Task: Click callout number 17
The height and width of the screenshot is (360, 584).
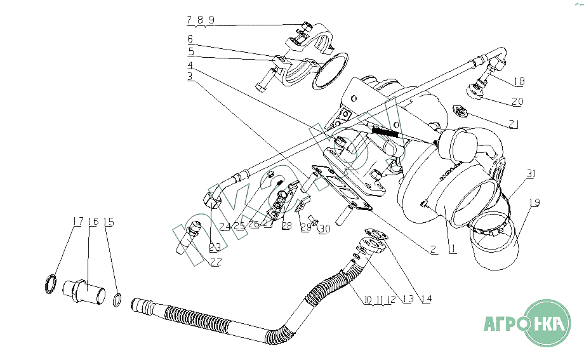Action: [x=77, y=222]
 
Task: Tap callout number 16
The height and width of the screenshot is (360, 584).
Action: [x=93, y=222]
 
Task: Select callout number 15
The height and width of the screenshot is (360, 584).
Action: [x=109, y=222]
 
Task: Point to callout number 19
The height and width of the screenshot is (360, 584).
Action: [x=534, y=203]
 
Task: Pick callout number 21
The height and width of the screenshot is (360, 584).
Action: [x=513, y=124]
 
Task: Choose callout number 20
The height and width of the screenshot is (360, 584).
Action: [x=517, y=102]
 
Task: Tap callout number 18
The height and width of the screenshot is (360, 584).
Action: [x=519, y=81]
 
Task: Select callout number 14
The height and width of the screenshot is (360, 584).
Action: [x=426, y=299]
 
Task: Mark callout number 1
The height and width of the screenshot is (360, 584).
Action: [x=453, y=250]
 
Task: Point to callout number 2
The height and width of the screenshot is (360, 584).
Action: [x=433, y=250]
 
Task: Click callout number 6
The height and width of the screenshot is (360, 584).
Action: [x=190, y=39]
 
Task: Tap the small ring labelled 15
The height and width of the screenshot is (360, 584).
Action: [x=117, y=298]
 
